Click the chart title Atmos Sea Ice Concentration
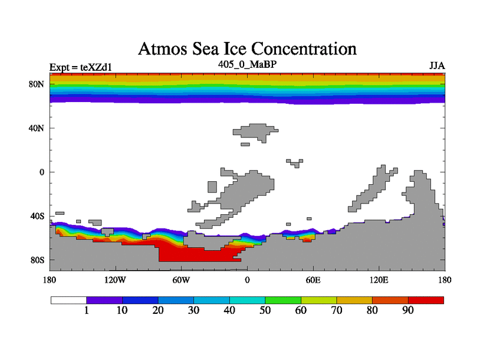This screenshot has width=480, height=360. click(247, 49)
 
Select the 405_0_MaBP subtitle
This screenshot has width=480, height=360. click(247, 64)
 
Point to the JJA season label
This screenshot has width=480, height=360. click(437, 65)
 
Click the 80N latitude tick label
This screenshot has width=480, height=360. click(38, 84)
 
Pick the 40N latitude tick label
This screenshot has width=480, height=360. click(38, 128)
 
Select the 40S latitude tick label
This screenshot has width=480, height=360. click(38, 216)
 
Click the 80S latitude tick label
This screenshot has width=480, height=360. click(38, 260)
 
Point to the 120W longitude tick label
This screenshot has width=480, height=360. click(115, 280)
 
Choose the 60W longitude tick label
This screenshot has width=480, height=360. click(181, 280)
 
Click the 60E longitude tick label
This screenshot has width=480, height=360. click(313, 280)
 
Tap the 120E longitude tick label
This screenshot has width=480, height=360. click(379, 280)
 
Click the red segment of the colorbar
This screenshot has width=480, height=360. click(426, 300)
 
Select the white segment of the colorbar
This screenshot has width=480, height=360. click(68, 300)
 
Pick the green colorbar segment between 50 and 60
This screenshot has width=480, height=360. click(283, 300)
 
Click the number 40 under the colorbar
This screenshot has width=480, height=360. click(229, 311)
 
